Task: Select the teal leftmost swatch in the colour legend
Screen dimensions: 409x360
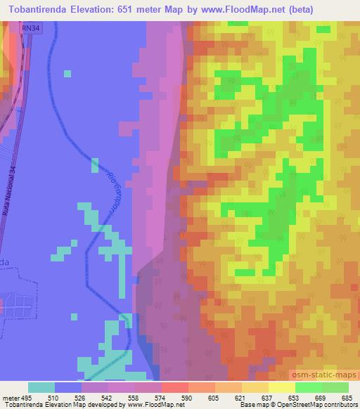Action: tap(41, 387)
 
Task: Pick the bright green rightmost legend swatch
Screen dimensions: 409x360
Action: tap(335, 387)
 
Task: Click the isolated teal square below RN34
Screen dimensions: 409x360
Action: tap(67, 72)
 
